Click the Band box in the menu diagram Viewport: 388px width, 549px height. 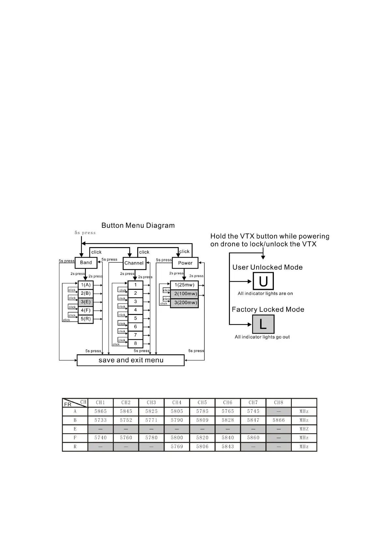click(x=86, y=262)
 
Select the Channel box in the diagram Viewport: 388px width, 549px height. click(x=134, y=263)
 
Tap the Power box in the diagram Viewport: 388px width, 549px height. click(x=185, y=263)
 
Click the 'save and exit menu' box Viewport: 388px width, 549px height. click(x=130, y=360)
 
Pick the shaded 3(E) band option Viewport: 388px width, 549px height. click(x=86, y=302)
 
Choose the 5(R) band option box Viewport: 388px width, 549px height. click(x=86, y=319)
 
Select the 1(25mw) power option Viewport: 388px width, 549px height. click(x=184, y=285)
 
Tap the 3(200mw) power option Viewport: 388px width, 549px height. click(x=185, y=303)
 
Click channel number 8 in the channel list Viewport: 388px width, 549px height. click(x=135, y=343)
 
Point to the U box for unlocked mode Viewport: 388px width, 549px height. click(x=263, y=281)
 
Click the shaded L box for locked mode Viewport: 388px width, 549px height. click(x=263, y=324)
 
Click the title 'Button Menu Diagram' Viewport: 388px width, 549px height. click(x=138, y=226)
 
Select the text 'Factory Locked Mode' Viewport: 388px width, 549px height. click(x=268, y=309)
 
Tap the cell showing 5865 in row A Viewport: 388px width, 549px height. click(x=100, y=411)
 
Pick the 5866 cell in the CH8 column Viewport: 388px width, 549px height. click(x=278, y=420)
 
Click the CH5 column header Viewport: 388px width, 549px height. click(x=202, y=403)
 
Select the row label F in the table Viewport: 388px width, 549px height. click(x=75, y=438)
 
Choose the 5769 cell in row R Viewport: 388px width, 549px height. click(x=177, y=447)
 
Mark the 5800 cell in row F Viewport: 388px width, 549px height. click(x=177, y=438)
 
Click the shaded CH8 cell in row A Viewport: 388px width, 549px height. click(x=278, y=411)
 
